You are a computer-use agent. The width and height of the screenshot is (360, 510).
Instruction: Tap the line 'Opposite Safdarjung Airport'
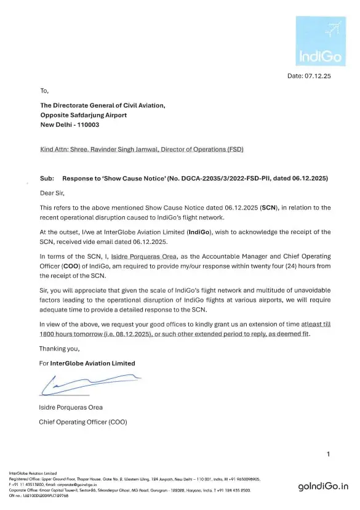coord(84,115)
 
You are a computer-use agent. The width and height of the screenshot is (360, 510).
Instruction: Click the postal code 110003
coord(86,124)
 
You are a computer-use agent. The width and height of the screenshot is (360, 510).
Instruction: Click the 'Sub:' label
coord(47,178)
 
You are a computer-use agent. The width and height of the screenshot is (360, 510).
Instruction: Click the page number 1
coord(328,454)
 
